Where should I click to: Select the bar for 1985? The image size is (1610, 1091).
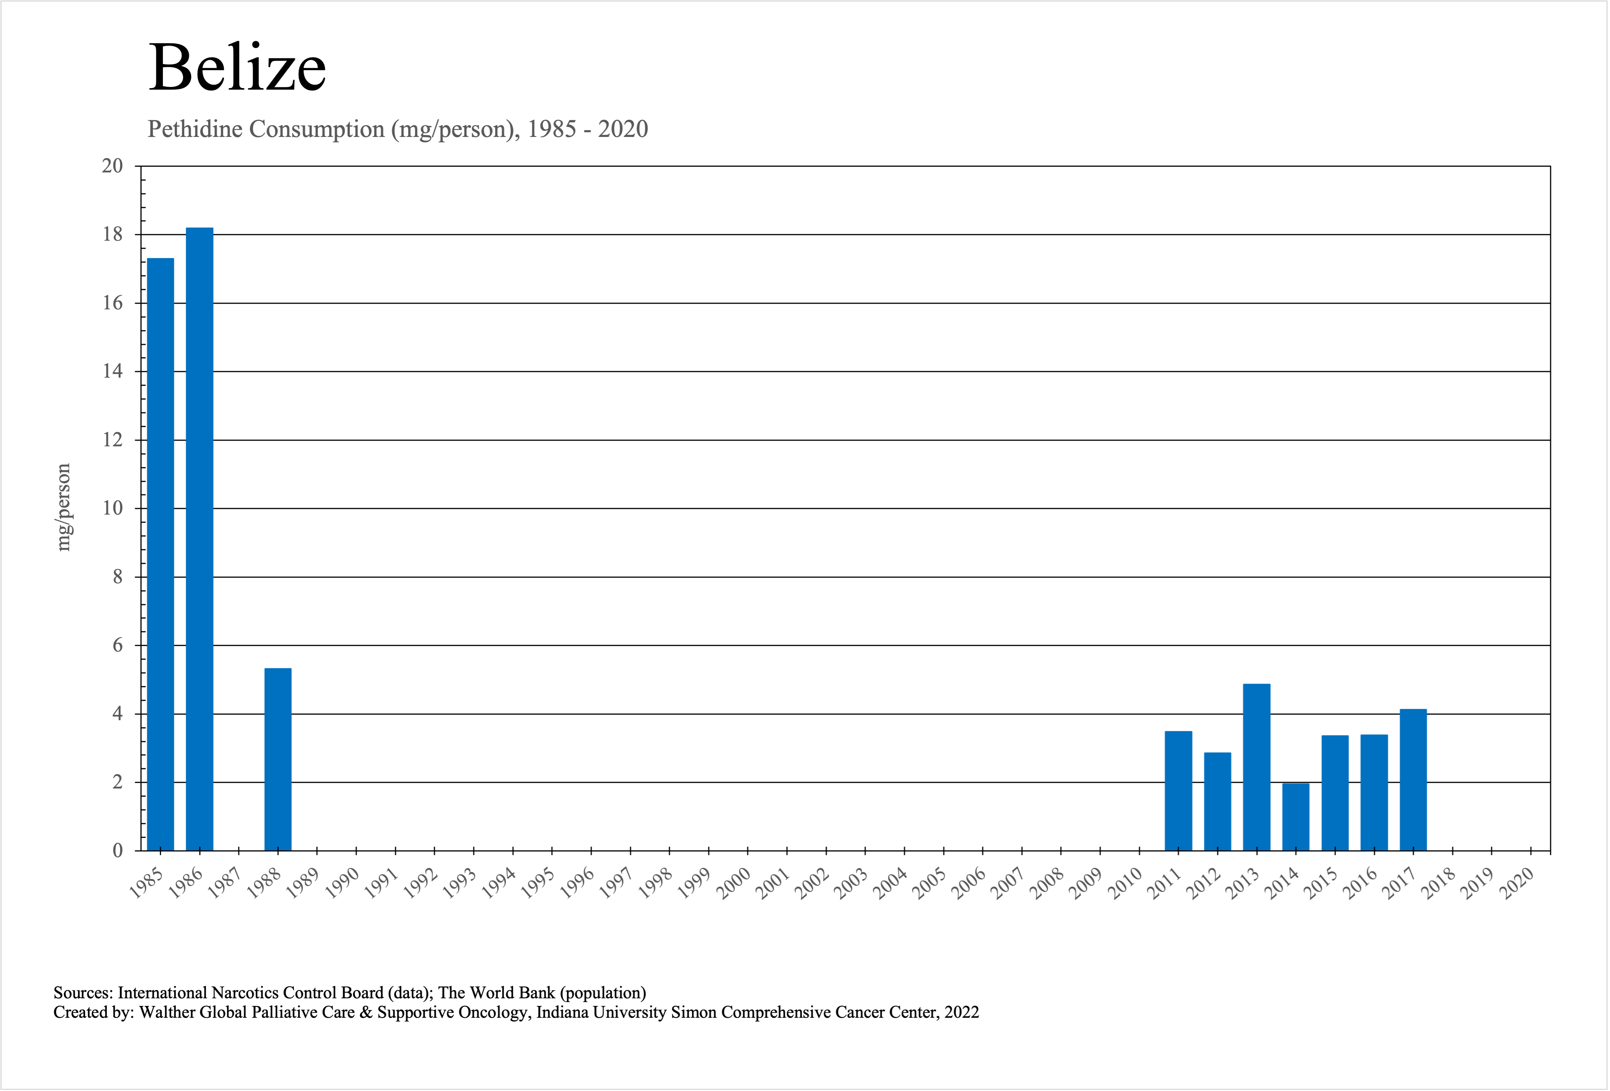[161, 554]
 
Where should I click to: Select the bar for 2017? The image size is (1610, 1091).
[1413, 779]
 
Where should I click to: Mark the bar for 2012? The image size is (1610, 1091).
[1217, 801]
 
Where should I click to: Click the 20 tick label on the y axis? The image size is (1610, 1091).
[112, 166]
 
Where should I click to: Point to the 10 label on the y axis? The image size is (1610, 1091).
[112, 508]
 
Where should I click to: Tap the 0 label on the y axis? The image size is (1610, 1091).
[118, 851]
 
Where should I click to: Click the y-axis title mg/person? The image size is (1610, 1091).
[64, 507]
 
